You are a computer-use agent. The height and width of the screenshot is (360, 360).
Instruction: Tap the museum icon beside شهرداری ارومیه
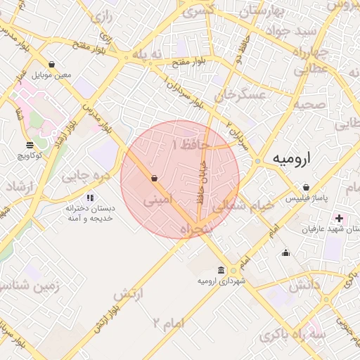221,271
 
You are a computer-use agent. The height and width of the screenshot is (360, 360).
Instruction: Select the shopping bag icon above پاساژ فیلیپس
307,188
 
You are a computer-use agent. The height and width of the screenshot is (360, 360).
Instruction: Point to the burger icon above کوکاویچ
29,145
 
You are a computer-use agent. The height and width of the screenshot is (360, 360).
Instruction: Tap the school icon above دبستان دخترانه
89,198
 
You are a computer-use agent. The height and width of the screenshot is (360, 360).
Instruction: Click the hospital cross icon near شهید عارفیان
340,219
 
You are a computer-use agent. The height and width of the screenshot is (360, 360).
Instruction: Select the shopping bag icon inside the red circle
154,179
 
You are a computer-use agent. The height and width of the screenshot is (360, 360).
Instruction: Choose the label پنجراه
195,230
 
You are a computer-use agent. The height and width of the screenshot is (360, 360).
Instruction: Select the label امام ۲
166,324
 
